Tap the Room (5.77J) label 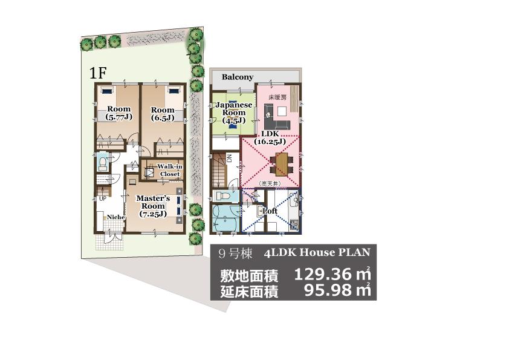119,114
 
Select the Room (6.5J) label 163,114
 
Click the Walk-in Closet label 169,170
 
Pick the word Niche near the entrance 116,217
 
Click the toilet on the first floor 102,163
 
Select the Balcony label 238,77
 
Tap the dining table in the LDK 281,161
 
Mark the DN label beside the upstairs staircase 230,159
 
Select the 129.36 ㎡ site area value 332,275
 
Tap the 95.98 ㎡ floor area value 336,291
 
